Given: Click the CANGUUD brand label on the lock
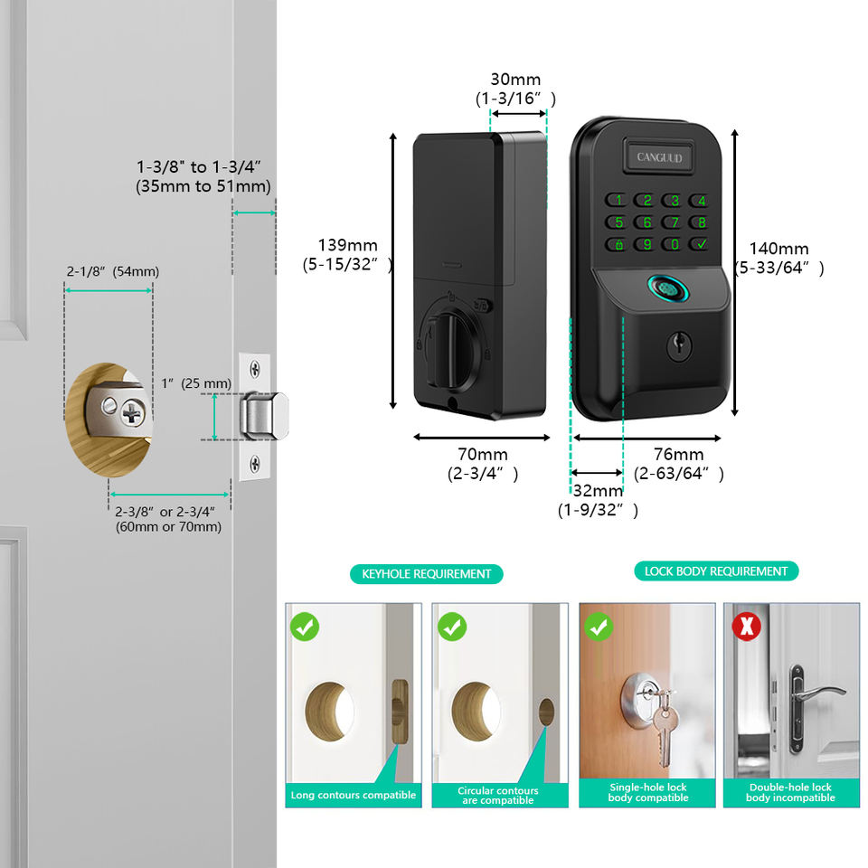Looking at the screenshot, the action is [659, 156].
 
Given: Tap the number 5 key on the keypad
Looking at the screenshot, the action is [618, 222].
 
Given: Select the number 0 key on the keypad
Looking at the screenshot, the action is [673, 244].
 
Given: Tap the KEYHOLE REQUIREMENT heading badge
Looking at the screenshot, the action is [426, 573].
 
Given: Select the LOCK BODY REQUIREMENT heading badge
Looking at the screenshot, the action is [715, 571].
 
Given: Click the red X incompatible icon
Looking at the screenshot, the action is [747, 627].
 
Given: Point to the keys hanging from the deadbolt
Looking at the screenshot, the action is [662, 723].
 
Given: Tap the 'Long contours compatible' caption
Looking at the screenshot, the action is [353, 795].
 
